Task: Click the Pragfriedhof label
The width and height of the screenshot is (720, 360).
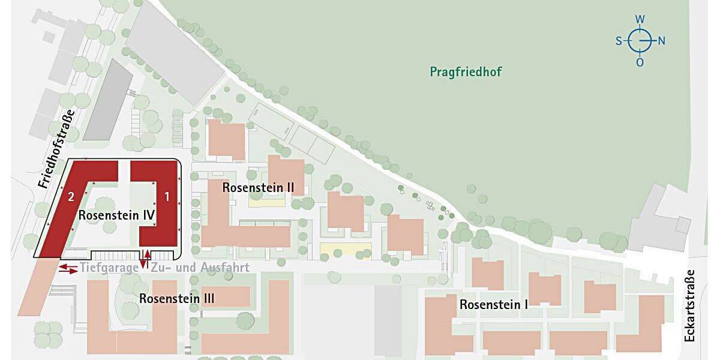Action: point(466,72)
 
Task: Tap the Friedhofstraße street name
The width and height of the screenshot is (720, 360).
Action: point(55,149)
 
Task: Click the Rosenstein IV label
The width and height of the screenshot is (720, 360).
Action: point(117,215)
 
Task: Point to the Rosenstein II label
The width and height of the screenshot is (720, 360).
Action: point(258,187)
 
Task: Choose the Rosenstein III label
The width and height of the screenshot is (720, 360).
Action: point(177,298)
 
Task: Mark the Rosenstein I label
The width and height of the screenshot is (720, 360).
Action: point(494,305)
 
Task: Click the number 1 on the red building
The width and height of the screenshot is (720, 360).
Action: point(167,196)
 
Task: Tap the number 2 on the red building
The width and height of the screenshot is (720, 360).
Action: point(71,196)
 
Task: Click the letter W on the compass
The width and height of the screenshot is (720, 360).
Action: point(640,19)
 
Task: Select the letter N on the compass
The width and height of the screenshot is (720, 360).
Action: point(661,41)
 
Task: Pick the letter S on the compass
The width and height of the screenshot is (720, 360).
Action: point(619,41)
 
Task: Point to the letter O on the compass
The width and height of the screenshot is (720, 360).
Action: point(640,62)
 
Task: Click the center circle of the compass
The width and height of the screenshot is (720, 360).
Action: point(640,41)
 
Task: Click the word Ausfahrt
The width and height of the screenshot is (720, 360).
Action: point(225,268)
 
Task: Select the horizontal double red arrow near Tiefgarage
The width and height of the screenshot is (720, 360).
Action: point(68,268)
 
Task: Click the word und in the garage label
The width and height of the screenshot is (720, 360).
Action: point(187,268)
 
